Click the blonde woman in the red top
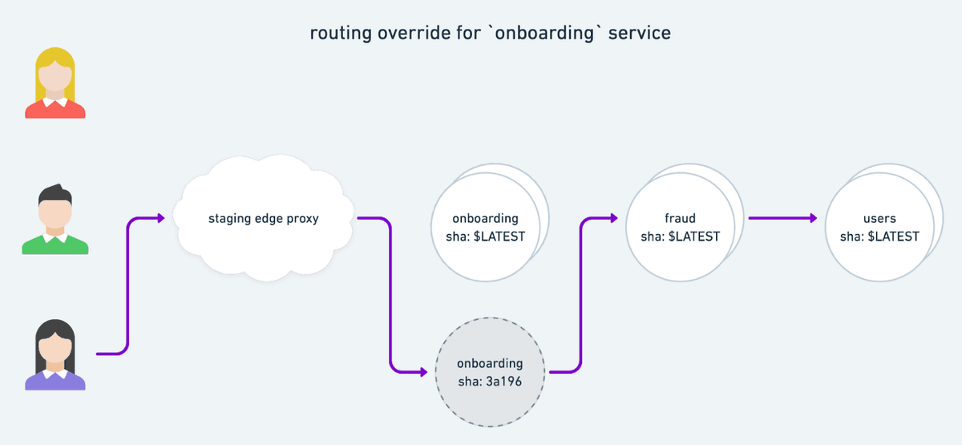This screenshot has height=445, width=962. [x=55, y=83]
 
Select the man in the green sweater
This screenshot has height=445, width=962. [x=55, y=220]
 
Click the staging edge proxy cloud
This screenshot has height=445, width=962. [x=264, y=218]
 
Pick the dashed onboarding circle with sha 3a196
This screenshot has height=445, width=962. [x=490, y=372]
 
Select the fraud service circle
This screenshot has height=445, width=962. [x=681, y=227]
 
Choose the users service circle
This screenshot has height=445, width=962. [x=879, y=227]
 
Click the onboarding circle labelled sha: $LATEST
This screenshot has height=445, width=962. [x=486, y=227]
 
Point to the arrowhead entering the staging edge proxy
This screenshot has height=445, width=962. [x=161, y=218]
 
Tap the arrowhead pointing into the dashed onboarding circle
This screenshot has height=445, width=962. [x=424, y=372]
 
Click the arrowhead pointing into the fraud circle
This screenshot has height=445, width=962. [x=614, y=218]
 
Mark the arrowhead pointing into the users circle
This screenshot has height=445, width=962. [x=813, y=218]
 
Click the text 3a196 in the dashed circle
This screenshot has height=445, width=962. [x=504, y=382]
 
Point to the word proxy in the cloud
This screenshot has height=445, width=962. [x=303, y=219]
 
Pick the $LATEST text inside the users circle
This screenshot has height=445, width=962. [x=893, y=237]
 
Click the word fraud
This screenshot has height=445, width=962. [x=681, y=218]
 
